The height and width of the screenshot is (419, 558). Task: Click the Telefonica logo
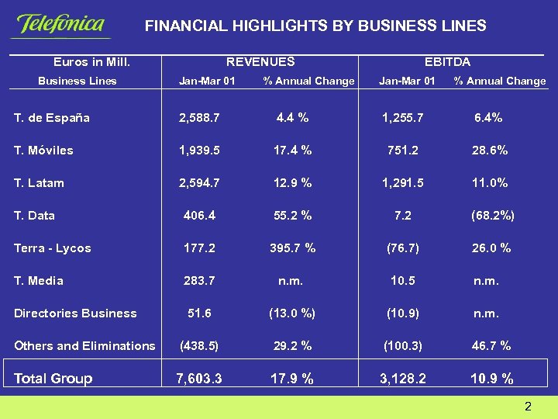coord(60,25)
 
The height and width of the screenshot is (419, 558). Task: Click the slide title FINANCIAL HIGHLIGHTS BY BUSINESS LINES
coord(315,26)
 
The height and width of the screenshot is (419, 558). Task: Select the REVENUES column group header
coord(260,61)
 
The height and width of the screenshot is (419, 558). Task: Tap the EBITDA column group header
coord(447,61)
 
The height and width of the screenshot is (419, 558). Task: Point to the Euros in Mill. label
coord(91,61)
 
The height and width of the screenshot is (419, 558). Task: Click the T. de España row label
coord(52,118)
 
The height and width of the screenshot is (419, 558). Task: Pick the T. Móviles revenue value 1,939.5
coord(199,151)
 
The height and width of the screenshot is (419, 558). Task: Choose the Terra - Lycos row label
coord(53,248)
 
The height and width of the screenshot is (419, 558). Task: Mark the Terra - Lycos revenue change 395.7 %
coord(292,248)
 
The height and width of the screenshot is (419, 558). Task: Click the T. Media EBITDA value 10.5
coord(403,281)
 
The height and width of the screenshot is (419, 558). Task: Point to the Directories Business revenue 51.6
coord(199,313)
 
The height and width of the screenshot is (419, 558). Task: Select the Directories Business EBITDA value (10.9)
coord(403,313)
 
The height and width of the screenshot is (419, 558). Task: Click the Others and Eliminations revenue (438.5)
coord(199,346)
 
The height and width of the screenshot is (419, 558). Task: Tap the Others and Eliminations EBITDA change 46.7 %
coord(491,346)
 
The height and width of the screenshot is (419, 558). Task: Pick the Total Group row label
coord(53,379)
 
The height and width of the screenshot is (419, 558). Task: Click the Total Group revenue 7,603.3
coord(199,379)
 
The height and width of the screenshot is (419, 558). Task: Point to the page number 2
coord(528,407)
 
